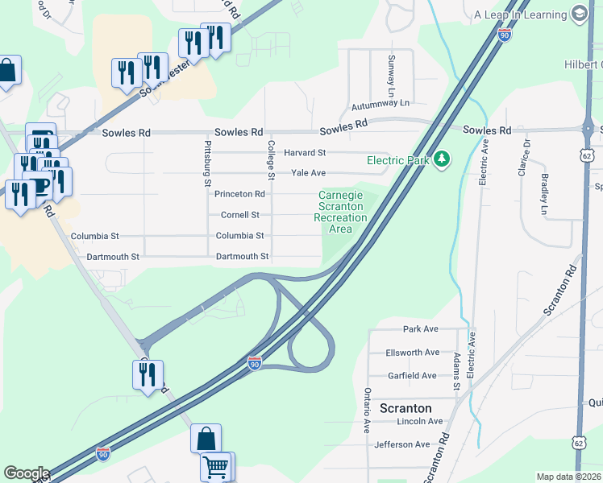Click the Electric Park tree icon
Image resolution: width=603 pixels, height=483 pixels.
coord(441,159)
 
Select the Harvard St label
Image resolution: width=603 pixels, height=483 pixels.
coord(304,152)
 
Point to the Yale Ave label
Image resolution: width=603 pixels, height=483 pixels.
coord(308,173)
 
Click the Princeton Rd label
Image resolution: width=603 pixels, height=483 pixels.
coord(239,194)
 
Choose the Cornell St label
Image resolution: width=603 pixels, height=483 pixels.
coord(241,215)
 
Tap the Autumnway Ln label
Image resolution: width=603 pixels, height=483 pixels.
coord(381,105)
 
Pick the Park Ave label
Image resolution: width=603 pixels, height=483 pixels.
coord(420,329)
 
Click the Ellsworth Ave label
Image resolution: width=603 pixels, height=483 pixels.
coord(412,352)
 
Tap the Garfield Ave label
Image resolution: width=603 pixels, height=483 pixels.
coord(411,375)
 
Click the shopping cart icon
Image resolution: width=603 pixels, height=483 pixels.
coord(216,467)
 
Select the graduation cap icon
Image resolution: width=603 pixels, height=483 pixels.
coord(579,14)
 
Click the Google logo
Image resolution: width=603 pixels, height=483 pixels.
coord(26,473)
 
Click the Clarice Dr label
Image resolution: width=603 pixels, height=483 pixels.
coord(526,159)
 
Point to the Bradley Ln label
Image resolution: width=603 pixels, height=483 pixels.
coord(546,188)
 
